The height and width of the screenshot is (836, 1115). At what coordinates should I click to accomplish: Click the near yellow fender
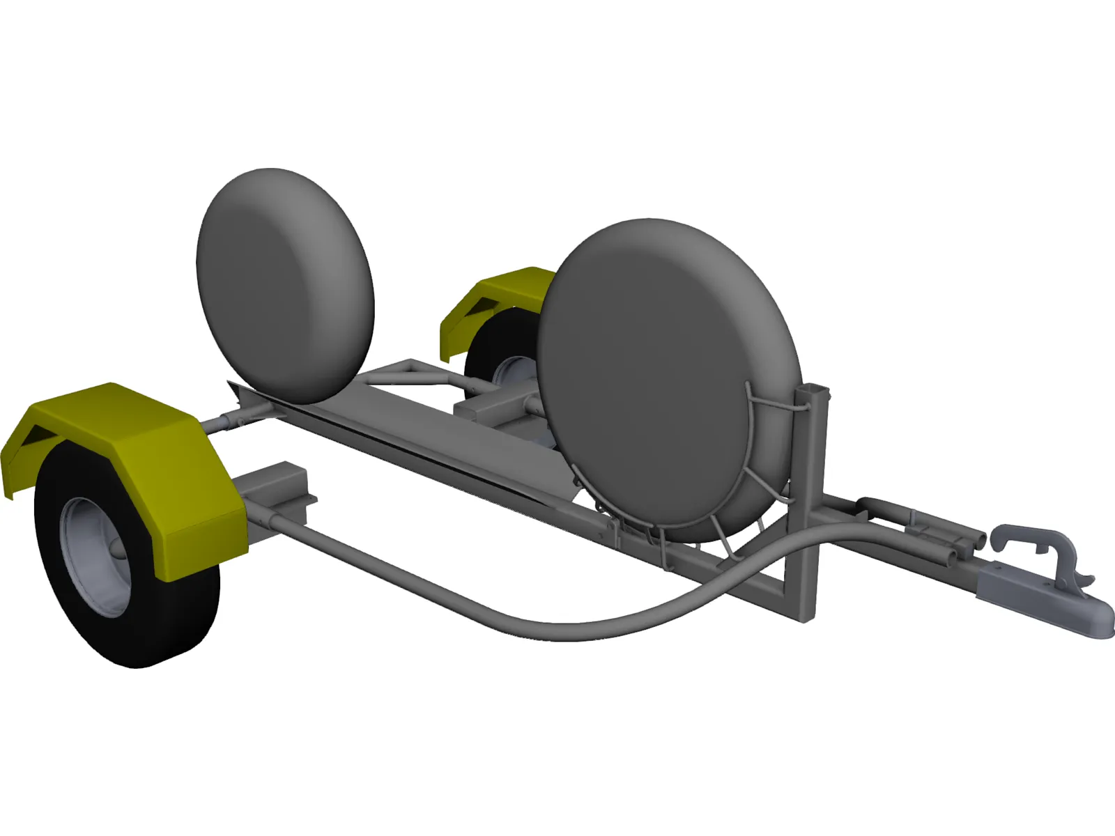pos(174,481)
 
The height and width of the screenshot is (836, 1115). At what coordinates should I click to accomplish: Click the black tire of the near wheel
pos(181,613)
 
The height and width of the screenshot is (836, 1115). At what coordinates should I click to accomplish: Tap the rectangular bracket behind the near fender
pos(275,488)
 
